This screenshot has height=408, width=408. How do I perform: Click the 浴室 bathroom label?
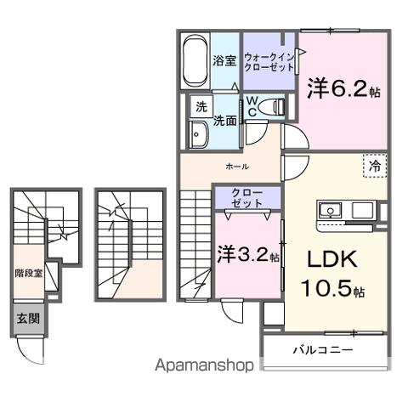pyautogui.click(x=224, y=61)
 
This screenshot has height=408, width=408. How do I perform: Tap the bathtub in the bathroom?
pyautogui.click(x=195, y=62)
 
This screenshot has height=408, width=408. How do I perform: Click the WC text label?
pyautogui.click(x=253, y=105)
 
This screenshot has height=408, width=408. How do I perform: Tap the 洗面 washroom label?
pyautogui.click(x=224, y=122)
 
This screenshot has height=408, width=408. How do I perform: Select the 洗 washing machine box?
pyautogui.click(x=201, y=107)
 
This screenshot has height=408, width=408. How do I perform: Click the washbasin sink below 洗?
pyautogui.click(x=200, y=135)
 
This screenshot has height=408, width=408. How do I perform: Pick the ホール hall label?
pyautogui.click(x=236, y=167)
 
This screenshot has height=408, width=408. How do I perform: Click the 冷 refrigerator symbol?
pyautogui.click(x=374, y=167)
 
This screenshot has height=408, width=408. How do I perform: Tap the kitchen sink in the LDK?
pyautogui.click(x=328, y=210)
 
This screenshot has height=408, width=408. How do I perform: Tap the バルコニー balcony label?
pyautogui.click(x=324, y=349)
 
